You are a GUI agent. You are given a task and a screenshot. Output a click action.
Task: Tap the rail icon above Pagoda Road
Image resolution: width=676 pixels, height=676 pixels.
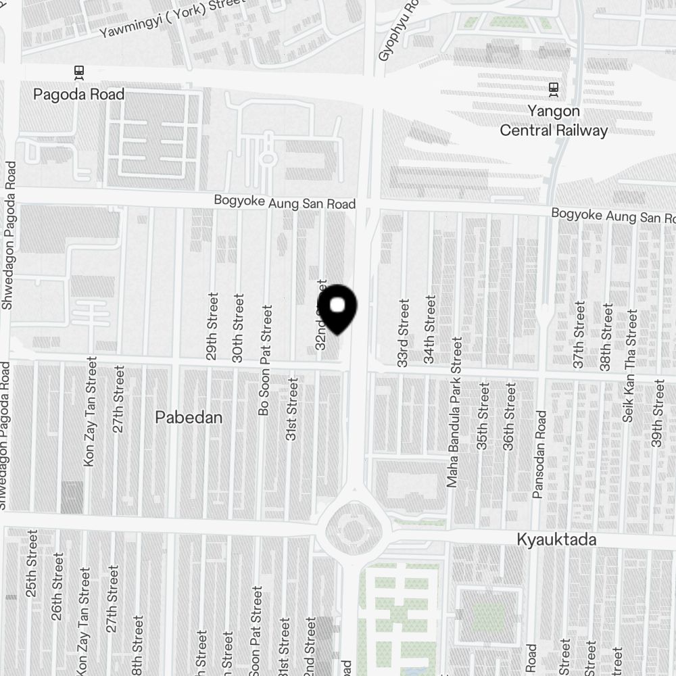click(x=79, y=71)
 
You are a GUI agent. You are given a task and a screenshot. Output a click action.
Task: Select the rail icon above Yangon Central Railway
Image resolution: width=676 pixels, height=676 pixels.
click(x=554, y=88)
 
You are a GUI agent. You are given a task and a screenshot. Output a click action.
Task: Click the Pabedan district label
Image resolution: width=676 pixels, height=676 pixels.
click(x=189, y=418)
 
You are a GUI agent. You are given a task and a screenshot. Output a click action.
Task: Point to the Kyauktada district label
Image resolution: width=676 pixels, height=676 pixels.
click(x=556, y=540)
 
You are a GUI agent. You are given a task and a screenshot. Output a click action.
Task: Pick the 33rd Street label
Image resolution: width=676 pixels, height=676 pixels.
click(x=403, y=333)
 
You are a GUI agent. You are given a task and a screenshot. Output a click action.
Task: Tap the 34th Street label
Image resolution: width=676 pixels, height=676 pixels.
click(x=430, y=330)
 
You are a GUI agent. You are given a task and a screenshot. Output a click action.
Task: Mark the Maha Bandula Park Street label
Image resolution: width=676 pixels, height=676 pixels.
click(x=455, y=412)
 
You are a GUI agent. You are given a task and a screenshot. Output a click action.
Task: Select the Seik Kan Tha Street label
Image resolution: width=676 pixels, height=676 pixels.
click(x=630, y=366)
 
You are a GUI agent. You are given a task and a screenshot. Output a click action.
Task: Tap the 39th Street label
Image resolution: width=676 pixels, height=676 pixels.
click(x=657, y=413)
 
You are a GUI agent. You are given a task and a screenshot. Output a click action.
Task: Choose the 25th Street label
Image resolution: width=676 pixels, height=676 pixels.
click(x=31, y=564)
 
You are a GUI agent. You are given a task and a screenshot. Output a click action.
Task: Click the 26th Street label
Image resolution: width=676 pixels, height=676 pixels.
click(x=57, y=585)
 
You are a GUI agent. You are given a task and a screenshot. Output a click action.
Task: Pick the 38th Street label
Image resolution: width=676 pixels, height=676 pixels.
click(x=606, y=337)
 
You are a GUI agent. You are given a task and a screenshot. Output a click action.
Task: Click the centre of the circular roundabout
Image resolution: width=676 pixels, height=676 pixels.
click(x=353, y=531)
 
